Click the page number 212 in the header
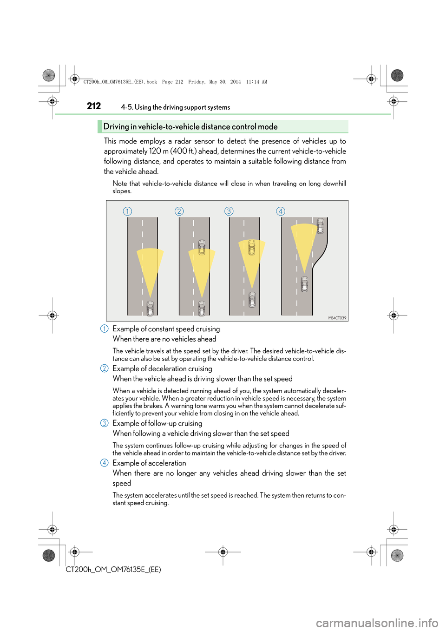(x=94, y=106)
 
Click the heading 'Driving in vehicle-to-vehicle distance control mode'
(x=190, y=127)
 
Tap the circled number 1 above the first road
(x=127, y=211)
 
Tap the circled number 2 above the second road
(x=179, y=211)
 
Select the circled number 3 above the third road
(x=229, y=211)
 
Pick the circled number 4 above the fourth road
(x=281, y=211)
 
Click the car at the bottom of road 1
(x=150, y=308)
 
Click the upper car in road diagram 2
(x=202, y=247)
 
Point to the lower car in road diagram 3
(x=252, y=300)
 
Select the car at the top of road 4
(x=320, y=226)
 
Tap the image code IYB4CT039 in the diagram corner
(x=337, y=318)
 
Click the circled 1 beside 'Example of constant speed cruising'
(x=105, y=329)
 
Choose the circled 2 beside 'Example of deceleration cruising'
(x=105, y=368)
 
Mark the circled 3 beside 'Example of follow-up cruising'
(x=105, y=423)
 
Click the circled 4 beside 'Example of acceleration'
(x=105, y=463)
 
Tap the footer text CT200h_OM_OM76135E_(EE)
(x=113, y=570)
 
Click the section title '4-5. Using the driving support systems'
(x=176, y=107)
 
